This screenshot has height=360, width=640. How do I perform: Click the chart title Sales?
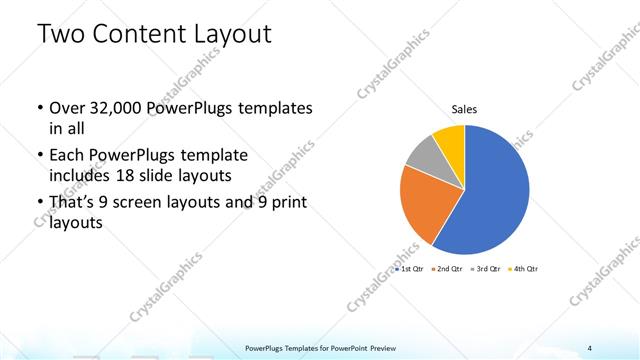tap(463, 109)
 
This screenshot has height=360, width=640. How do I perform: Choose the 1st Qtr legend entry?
tap(411, 270)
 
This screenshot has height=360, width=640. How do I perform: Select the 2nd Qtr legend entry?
tap(447, 270)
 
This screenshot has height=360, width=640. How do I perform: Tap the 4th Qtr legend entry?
tap(524, 270)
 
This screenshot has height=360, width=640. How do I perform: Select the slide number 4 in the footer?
tap(590, 348)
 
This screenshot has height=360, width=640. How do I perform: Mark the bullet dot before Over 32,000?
tap(38, 108)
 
